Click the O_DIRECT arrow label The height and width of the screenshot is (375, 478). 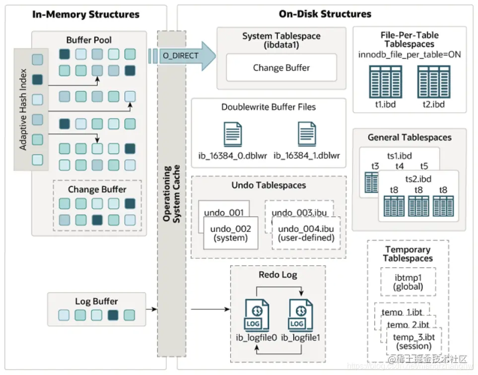point(180,56)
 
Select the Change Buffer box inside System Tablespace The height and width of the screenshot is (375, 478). point(281,68)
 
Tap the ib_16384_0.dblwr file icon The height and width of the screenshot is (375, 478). point(232,134)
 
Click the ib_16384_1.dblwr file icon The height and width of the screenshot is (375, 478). point(307,134)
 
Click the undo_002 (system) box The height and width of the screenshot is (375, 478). point(231,233)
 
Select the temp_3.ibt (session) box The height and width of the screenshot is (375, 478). point(413,342)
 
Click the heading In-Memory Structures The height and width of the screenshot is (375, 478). point(86,14)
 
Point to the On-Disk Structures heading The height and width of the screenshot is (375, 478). point(325,14)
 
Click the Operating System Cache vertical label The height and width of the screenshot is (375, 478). point(171,194)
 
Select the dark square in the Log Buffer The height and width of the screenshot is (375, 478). point(113,315)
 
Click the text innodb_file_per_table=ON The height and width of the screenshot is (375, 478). point(410,54)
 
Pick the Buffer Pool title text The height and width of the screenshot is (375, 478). point(89,40)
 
